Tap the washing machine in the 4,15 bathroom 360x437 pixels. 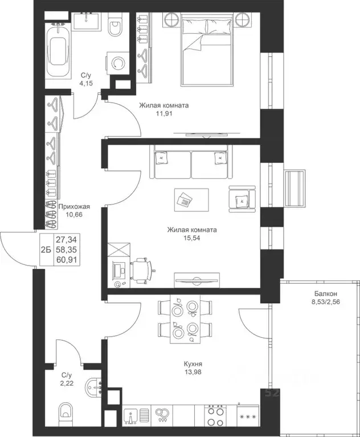[117, 63]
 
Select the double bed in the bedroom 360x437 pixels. [206, 49]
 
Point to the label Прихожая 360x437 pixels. [74, 206]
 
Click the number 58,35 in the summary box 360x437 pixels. [66, 250]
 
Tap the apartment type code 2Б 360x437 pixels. [46, 250]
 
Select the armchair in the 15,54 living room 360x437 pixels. [242, 199]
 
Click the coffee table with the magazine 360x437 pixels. [192, 200]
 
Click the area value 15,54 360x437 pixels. [192, 238]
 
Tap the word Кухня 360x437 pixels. [193, 364]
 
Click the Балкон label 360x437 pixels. [326, 293]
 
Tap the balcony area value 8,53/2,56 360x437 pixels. [326, 301]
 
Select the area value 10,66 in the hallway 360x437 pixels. [74, 215]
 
